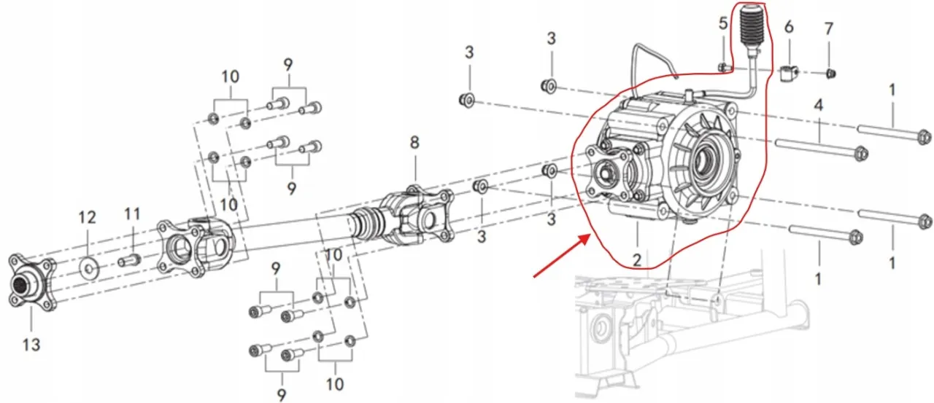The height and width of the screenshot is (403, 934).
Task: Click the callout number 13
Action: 31,345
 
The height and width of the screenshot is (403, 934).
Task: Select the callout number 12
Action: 87,217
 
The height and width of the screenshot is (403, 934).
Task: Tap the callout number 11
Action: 132,214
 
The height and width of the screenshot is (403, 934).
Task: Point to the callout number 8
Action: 414,142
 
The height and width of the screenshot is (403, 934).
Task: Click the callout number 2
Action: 637,260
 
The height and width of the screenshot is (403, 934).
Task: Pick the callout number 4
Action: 819,105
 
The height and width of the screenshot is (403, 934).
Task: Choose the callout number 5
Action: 723,23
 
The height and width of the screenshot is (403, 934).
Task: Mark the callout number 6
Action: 789,27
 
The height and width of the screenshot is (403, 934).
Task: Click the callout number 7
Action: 828,28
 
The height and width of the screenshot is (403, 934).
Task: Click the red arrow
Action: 562,256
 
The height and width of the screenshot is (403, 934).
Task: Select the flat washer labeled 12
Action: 89,267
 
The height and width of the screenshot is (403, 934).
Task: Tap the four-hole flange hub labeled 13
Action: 32,282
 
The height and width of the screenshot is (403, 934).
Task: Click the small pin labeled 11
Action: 129,260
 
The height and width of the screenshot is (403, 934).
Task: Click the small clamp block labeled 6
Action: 789,75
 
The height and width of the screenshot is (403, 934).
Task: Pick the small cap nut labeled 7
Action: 830,74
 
